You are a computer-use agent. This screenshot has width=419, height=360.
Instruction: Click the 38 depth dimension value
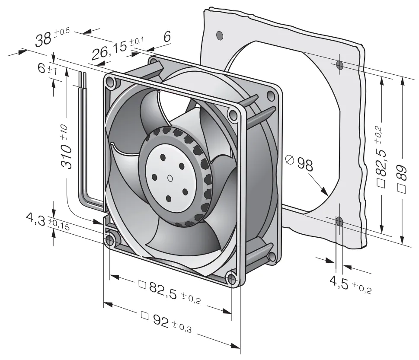[x=44, y=39]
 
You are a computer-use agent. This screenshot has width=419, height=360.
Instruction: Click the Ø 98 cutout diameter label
[x=299, y=163]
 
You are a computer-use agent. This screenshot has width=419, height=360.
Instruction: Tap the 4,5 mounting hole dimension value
[x=339, y=283]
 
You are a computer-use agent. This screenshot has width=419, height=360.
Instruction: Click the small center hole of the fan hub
[x=170, y=178]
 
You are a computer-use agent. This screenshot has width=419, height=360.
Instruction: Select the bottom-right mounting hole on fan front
[x=232, y=279]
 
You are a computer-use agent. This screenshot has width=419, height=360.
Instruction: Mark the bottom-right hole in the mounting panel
[x=339, y=222]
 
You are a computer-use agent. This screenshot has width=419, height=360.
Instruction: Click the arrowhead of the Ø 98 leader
[x=325, y=192]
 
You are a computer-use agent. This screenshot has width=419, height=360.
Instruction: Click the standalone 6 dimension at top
[x=167, y=37]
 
